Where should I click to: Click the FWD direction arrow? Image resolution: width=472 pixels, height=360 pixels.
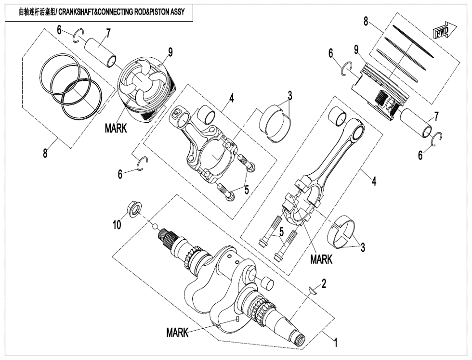click(443, 31)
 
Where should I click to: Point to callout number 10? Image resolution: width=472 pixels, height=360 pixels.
click(117, 225)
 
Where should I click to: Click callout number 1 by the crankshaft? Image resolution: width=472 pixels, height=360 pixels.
click(336, 343)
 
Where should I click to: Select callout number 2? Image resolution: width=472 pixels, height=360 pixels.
click(324, 283)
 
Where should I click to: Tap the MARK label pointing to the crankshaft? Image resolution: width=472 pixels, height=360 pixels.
click(177, 333)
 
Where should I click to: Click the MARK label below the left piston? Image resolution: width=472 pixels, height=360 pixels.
click(116, 129)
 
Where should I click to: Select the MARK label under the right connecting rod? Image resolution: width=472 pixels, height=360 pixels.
click(321, 259)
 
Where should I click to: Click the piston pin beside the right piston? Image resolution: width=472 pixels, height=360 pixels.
click(415, 123)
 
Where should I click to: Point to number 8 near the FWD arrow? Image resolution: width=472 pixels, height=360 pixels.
click(366, 21)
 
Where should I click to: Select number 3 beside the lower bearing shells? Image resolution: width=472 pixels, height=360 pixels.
click(363, 247)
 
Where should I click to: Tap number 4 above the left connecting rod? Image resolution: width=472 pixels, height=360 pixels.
click(232, 98)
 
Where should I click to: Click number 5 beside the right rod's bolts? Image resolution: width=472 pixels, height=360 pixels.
click(281, 231)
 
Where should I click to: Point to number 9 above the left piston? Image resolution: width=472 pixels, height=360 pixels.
click(170, 51)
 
